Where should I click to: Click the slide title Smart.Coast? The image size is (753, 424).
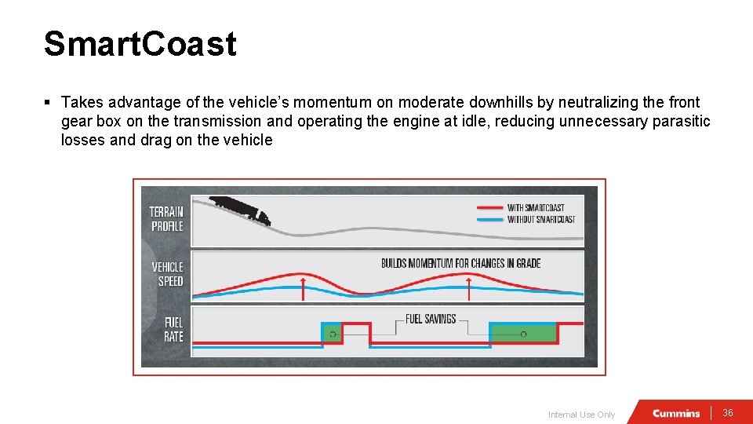(x=140, y=44)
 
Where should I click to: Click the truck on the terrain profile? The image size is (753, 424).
(x=240, y=209)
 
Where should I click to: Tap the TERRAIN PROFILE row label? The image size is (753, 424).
(x=166, y=219)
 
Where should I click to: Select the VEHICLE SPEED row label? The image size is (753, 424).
(x=167, y=274)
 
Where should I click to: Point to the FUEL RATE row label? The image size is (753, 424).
(x=173, y=329)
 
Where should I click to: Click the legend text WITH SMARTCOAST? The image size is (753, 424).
(x=536, y=208)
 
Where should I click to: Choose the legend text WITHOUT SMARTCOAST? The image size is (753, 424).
(x=541, y=219)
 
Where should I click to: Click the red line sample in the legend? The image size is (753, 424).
(x=489, y=208)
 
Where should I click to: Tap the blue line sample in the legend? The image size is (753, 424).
(x=489, y=219)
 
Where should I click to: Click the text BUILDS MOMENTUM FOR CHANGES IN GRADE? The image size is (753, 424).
(x=460, y=263)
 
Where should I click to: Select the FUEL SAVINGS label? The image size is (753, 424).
(x=431, y=319)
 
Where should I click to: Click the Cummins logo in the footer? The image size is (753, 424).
(x=675, y=413)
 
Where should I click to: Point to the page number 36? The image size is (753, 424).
(x=727, y=413)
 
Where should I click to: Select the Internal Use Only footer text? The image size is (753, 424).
(x=581, y=415)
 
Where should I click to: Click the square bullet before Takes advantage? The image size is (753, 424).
(x=49, y=103)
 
